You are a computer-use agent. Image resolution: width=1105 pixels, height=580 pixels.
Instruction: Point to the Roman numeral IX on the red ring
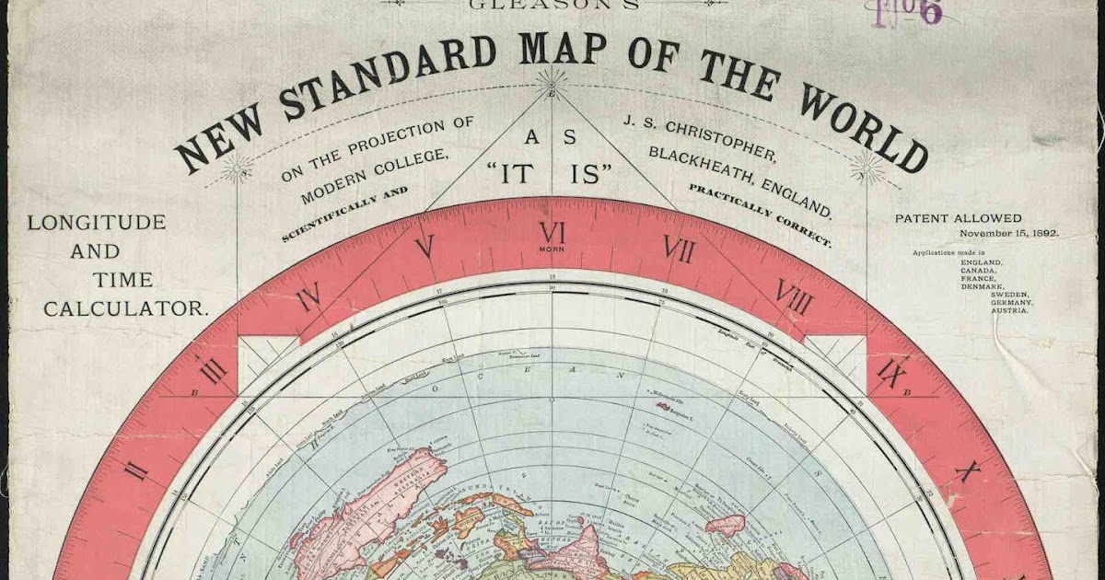[891, 372]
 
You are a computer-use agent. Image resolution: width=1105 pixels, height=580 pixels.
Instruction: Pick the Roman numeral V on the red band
[425, 247]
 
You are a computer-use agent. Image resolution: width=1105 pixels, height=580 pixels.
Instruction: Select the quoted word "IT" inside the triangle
[517, 173]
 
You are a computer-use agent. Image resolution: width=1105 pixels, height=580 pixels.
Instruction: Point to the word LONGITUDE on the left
[97, 222]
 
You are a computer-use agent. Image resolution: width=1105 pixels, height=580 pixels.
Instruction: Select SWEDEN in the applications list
[1010, 295]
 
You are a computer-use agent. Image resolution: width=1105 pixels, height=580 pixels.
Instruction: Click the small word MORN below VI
[552, 249]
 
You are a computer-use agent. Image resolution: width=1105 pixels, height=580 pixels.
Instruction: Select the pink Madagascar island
[725, 525]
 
